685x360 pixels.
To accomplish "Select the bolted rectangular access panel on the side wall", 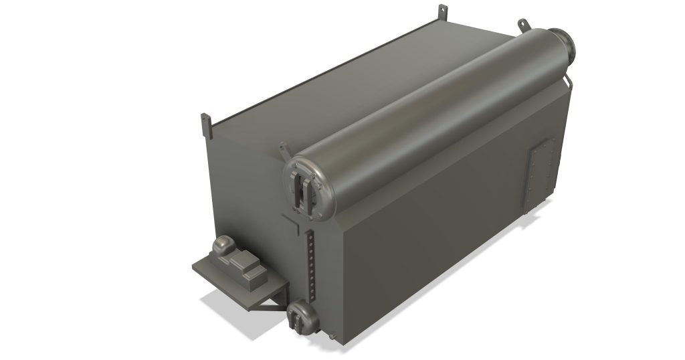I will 541,176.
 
